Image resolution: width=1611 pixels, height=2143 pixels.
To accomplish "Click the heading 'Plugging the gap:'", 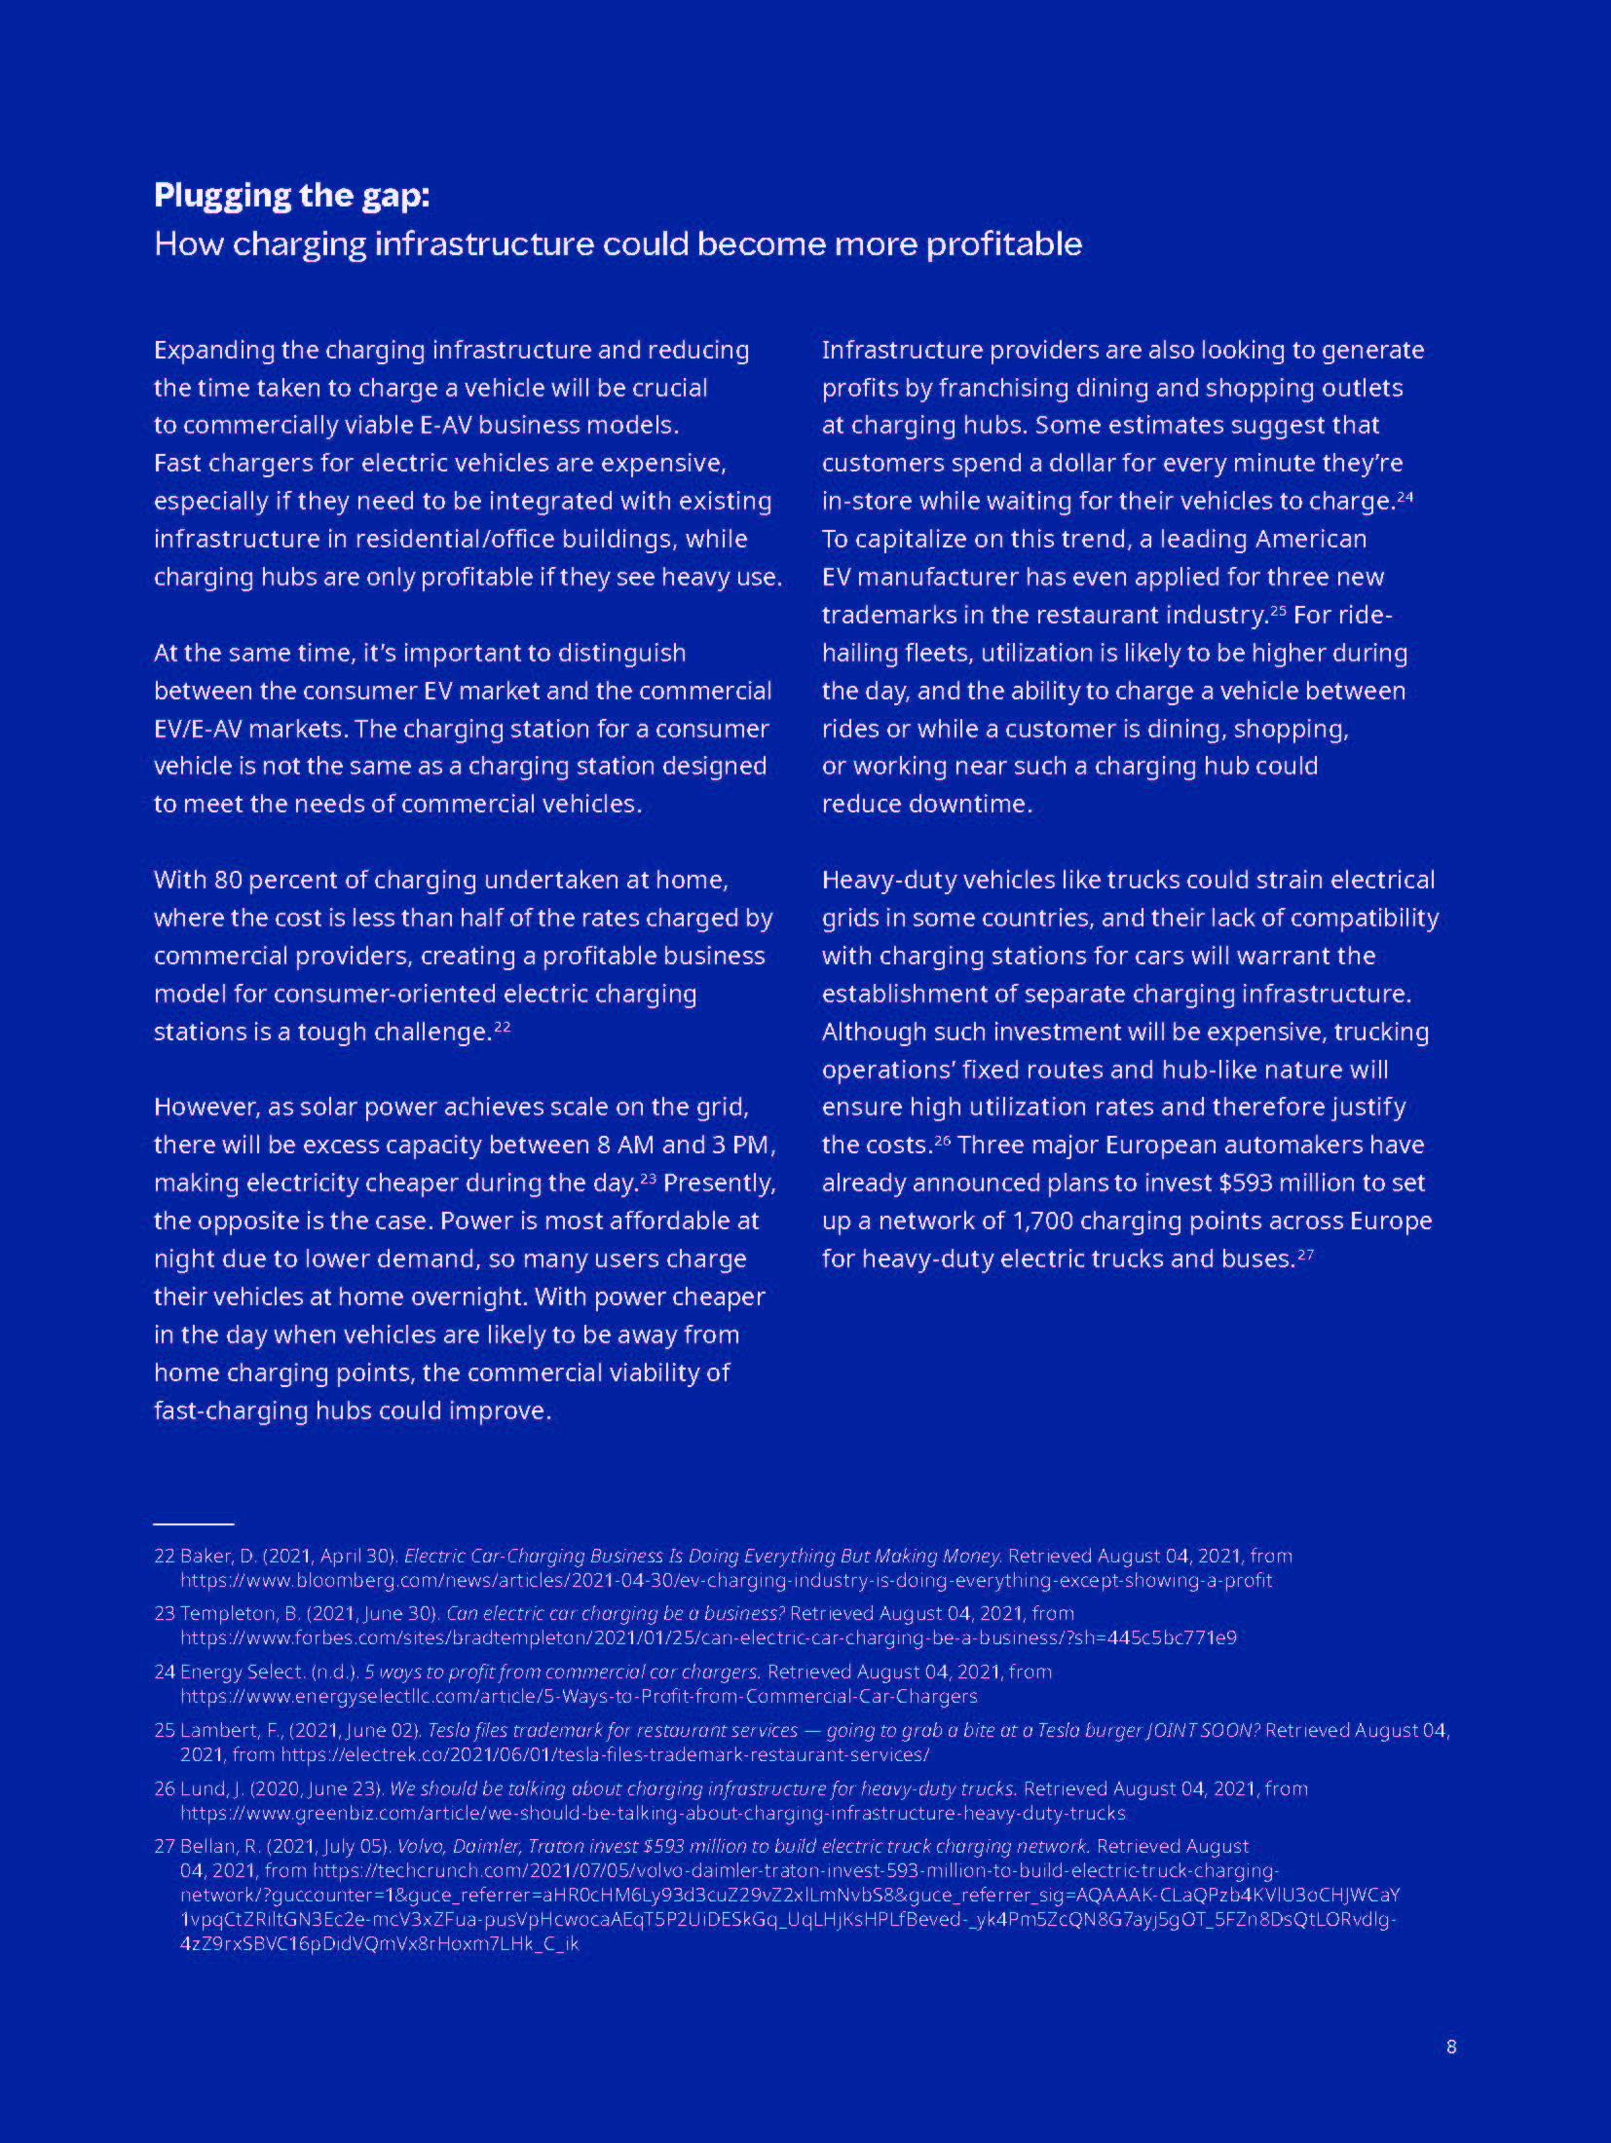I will coord(291,196).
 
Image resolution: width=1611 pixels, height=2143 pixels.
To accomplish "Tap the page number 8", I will coord(1451,2047).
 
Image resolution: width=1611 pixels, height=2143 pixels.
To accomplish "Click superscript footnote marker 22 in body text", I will coord(503,1027).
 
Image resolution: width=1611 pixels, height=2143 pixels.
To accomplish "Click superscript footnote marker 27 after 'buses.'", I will coord(1306,1255).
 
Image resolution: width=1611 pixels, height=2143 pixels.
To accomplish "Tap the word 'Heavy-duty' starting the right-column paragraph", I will coord(883,881).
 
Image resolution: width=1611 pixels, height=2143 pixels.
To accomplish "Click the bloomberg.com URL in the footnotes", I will coord(726,1580).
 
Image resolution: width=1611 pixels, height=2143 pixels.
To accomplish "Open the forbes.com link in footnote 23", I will coord(708,1637).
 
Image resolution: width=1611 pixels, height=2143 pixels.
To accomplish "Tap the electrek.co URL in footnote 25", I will coord(605,1754).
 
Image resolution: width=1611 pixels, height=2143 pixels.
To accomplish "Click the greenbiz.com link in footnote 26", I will coord(653,1813).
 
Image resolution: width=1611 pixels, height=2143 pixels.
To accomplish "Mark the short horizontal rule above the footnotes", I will coord(194,1523).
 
